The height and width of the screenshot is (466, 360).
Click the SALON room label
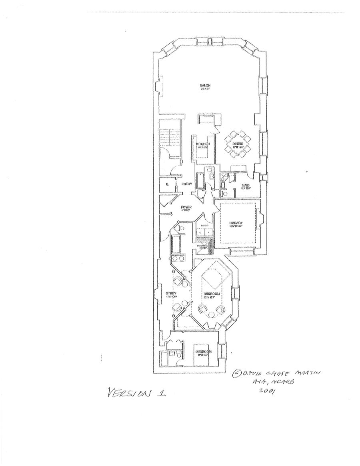coord(205,85)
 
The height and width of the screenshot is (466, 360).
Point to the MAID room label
coord(245,186)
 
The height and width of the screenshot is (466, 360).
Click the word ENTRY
coord(187,184)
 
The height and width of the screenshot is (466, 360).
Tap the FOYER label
coord(186,207)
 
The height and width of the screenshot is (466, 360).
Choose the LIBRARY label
coord(236,223)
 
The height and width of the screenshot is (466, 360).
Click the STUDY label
coord(171,294)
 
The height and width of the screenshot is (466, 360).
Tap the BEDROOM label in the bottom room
coord(203,352)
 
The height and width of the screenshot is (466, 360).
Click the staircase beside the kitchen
coord(170,138)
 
